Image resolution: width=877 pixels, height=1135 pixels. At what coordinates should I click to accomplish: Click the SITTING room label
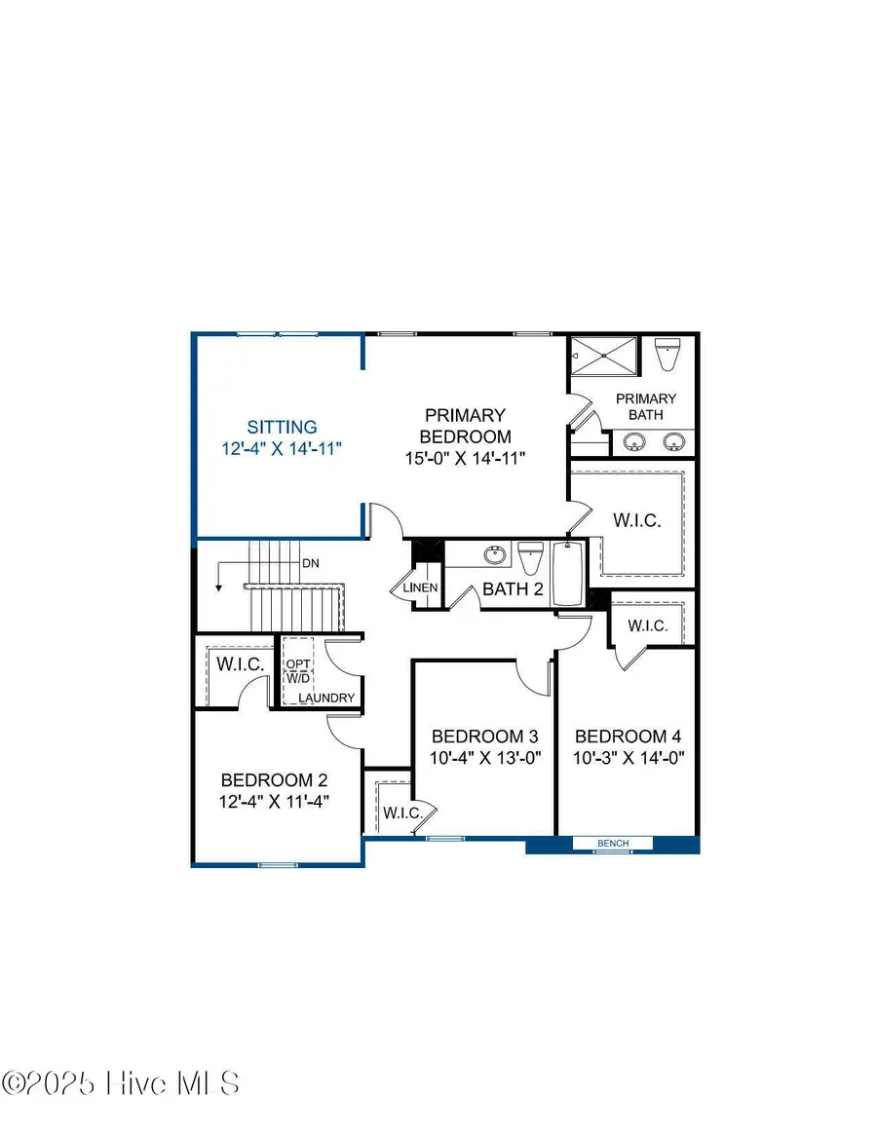(x=282, y=427)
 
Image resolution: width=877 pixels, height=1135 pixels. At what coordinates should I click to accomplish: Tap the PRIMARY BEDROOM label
(x=465, y=426)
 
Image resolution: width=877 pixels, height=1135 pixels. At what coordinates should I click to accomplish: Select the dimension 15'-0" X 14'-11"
(x=465, y=458)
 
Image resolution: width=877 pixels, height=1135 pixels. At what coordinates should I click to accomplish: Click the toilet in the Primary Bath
(x=666, y=354)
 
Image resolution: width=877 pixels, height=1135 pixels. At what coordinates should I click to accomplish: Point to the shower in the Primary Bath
(x=604, y=356)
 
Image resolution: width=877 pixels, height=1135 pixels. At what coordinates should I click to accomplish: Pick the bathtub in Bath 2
(x=568, y=573)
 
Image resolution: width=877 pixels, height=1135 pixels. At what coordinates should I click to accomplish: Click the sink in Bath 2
(x=495, y=555)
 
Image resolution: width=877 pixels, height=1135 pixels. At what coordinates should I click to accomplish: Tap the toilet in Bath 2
(x=530, y=557)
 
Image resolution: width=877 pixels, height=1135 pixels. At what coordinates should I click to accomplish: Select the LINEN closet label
(x=420, y=587)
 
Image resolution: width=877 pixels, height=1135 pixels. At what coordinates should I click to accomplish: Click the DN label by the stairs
(x=311, y=563)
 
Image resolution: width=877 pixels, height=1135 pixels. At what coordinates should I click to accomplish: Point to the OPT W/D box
(x=297, y=671)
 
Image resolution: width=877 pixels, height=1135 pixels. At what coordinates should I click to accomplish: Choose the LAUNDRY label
(x=326, y=698)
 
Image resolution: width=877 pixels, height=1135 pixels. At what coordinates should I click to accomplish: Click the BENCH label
(x=613, y=844)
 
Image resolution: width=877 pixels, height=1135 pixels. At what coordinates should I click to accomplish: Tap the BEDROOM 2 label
(x=274, y=780)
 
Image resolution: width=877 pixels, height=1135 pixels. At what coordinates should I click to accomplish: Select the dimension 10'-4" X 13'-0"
(x=485, y=759)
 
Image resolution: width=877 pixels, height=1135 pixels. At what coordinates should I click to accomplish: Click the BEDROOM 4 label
(x=628, y=737)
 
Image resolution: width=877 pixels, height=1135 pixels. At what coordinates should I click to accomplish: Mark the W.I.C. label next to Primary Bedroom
(x=637, y=520)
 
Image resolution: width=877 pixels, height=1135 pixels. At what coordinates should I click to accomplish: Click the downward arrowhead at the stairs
(x=218, y=587)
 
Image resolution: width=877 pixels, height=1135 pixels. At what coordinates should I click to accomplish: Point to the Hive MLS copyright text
(x=121, y=1083)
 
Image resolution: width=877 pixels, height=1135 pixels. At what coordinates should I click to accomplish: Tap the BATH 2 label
(x=513, y=589)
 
